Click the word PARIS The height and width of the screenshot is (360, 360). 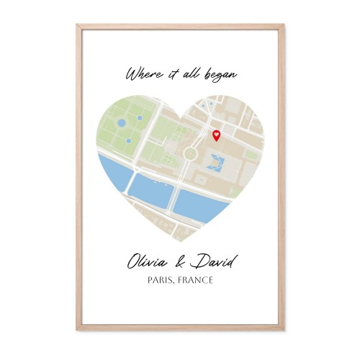coord(163,280)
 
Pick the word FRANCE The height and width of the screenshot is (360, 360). coord(197,280)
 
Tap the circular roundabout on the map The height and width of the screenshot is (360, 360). coord(191,152)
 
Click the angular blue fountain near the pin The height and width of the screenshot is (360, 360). coord(214,163)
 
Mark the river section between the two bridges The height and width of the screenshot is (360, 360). coord(150,189)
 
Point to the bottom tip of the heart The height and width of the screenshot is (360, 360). coord(180,242)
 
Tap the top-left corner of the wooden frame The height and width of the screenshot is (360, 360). coord(78,26)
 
